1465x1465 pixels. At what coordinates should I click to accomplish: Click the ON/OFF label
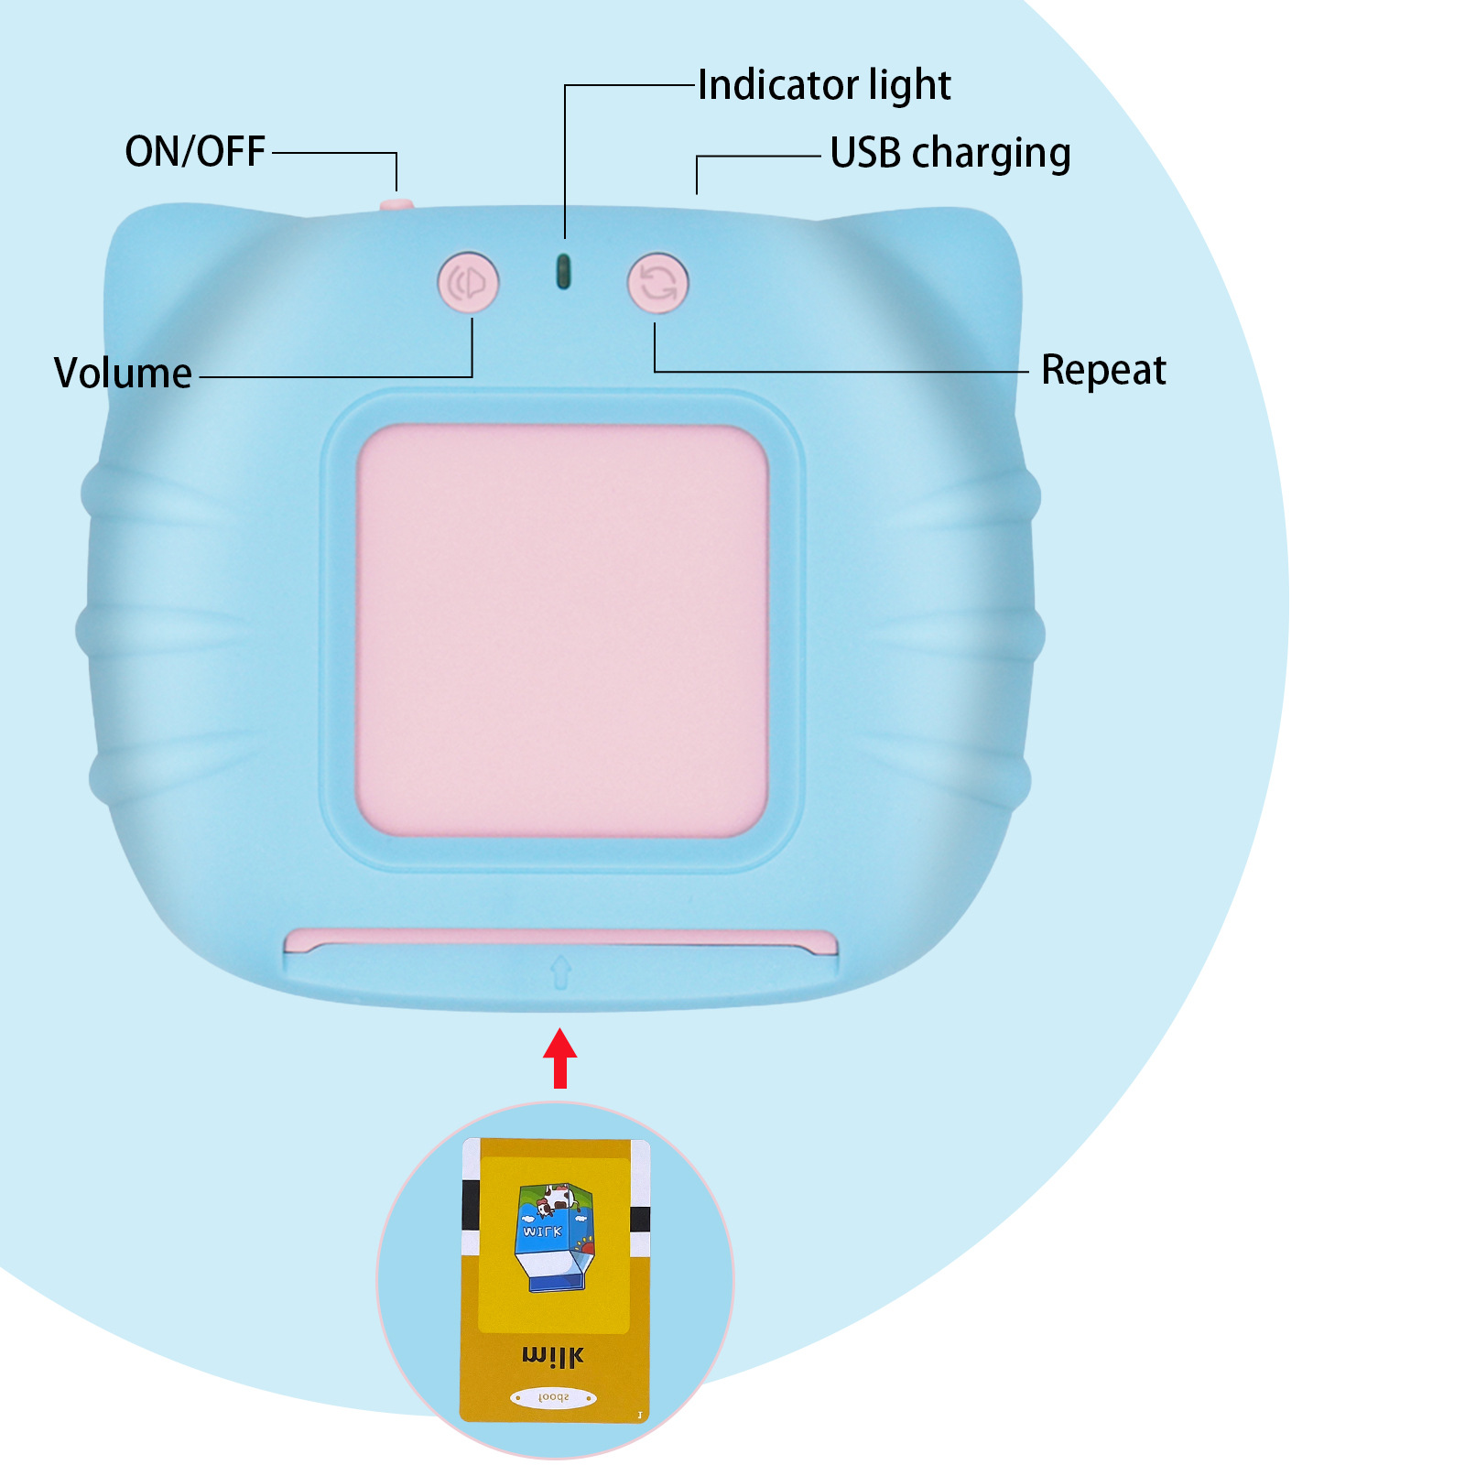(195, 152)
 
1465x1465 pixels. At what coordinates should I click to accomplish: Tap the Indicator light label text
(824, 85)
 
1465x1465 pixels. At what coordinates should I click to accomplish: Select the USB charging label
(950, 153)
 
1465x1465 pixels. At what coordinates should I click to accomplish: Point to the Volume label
(123, 373)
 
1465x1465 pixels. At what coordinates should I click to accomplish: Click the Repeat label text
(1103, 370)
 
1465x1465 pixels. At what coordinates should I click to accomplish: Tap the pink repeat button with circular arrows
(657, 283)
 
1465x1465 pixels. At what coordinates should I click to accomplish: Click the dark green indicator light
(564, 271)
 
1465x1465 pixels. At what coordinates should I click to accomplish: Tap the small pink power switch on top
(396, 204)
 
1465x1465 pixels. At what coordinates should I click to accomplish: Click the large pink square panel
(561, 630)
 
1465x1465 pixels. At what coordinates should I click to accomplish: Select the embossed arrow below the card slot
(560, 971)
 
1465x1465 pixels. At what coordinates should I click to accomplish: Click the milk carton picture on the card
(555, 1236)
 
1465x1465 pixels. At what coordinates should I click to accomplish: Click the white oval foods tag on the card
(553, 1397)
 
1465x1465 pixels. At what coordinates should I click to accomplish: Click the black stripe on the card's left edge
(471, 1205)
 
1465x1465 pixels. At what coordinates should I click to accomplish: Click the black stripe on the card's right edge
(640, 1219)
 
